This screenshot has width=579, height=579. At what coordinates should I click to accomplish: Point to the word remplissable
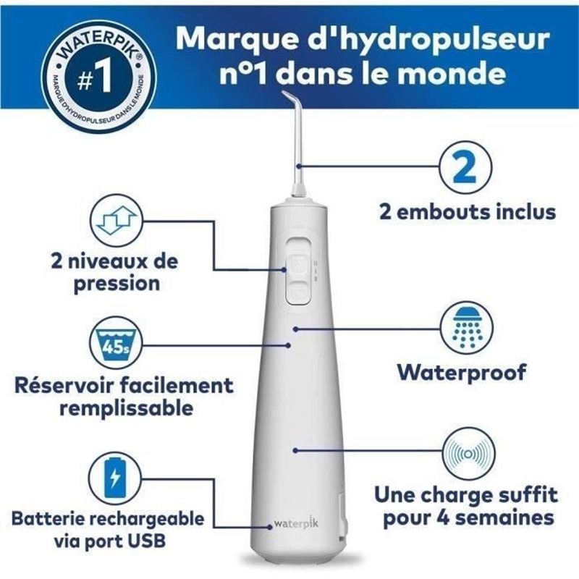click(126, 407)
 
